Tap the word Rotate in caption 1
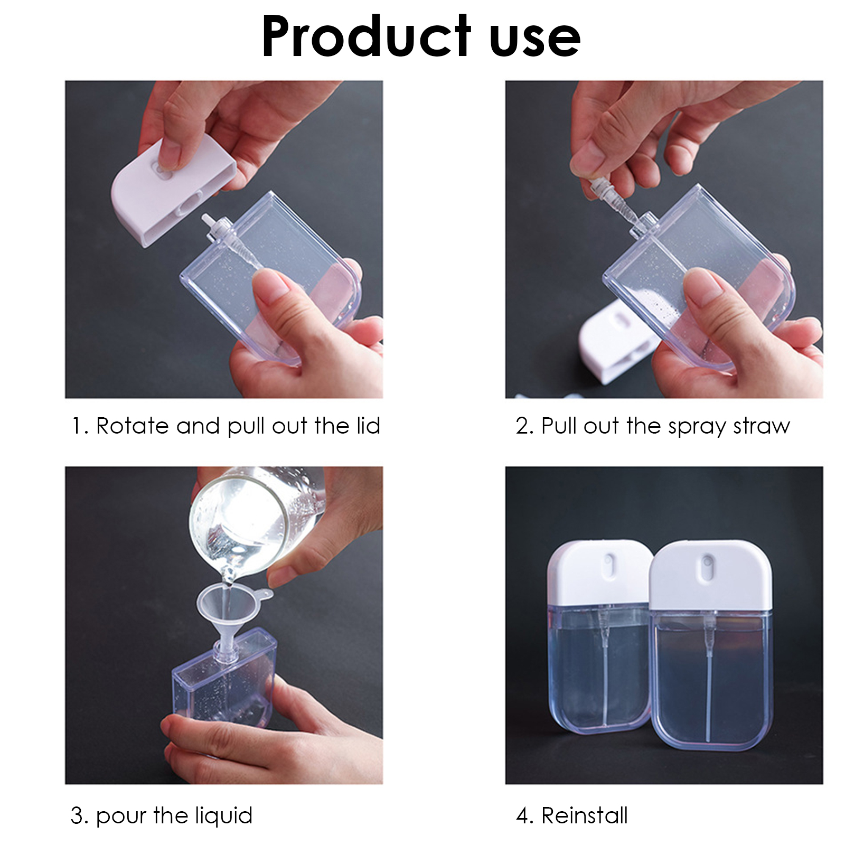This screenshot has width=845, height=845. pos(132,426)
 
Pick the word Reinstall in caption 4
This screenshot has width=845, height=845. pos(585,815)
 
